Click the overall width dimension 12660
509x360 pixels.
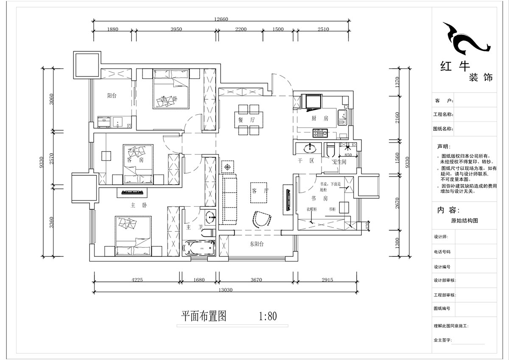(x=221, y=18)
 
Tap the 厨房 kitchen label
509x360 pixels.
(x=323, y=118)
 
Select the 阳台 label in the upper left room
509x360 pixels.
(x=112, y=96)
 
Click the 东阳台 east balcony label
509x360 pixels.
(x=257, y=244)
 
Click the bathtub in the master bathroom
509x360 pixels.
(x=199, y=248)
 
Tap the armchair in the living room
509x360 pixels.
(x=263, y=218)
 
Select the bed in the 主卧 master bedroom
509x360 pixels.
(x=133, y=236)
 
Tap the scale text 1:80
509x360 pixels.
(x=267, y=316)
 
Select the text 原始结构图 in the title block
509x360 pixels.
(x=464, y=221)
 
